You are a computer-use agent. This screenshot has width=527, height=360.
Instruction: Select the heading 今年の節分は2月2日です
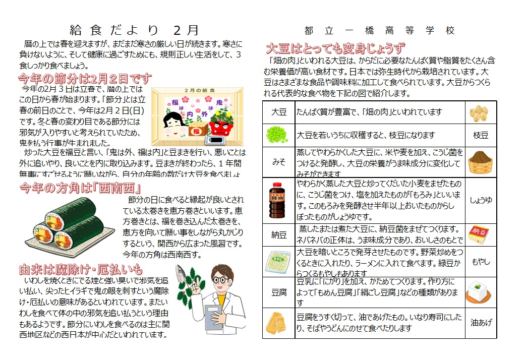85,79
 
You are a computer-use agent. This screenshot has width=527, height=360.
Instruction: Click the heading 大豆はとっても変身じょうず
335,49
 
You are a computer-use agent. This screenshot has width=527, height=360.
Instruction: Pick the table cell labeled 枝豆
481,135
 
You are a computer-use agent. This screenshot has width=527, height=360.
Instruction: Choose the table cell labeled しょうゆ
481,200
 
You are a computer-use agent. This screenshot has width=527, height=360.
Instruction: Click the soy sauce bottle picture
278,200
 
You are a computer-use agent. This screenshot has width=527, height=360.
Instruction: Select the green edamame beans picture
278,135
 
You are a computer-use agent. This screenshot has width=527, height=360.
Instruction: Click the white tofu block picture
481,292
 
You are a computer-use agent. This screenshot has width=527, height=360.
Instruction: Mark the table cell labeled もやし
481,262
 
